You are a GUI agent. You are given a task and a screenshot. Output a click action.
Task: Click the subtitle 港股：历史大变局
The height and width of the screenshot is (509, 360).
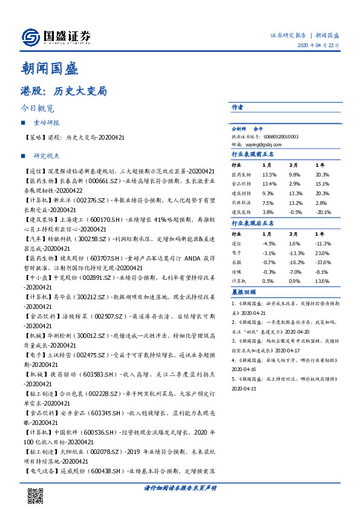64,92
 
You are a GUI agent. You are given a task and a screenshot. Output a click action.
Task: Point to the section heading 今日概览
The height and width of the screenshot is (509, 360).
38,109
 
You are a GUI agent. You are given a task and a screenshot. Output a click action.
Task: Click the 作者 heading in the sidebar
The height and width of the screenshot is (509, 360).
237,107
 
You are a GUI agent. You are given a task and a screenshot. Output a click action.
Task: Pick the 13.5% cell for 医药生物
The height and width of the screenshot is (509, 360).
270,174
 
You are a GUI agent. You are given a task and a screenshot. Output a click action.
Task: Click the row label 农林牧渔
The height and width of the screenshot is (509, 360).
241,203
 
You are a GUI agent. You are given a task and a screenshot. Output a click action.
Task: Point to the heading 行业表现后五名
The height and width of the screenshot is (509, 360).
253,223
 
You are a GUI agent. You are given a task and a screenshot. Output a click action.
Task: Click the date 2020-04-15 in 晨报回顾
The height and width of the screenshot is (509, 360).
245,389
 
